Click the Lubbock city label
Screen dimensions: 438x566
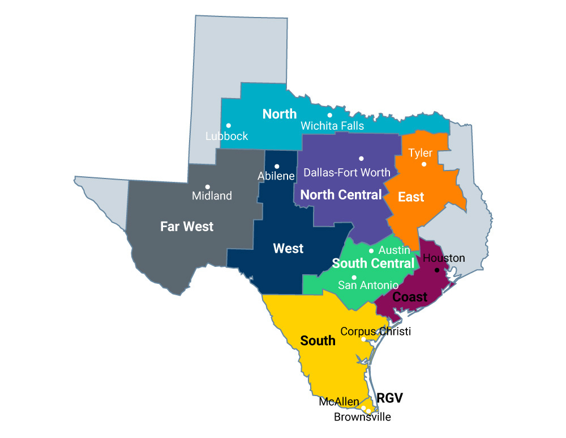pos(226,137)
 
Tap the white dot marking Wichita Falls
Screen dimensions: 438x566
pos(330,115)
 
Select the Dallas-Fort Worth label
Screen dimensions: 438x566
pos(347,172)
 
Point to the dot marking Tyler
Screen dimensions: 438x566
pos(424,164)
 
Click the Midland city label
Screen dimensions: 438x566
pos(212,196)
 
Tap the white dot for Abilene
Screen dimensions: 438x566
pos(277,166)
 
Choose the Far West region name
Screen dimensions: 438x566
pos(187,227)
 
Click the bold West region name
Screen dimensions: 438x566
pos(288,248)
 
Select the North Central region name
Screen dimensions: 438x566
pos(341,195)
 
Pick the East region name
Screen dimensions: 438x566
pos(411,197)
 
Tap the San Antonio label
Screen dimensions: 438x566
pos(368,285)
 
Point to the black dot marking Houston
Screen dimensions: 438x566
pos(436,270)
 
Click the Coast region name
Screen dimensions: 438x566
pos(410,297)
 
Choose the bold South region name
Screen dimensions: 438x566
pos(318,341)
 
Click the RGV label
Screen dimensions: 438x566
pos(389,398)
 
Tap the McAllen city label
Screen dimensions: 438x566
pos(338,402)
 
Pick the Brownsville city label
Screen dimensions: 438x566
pos(362,418)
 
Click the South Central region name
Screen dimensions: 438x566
pos(373,263)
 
